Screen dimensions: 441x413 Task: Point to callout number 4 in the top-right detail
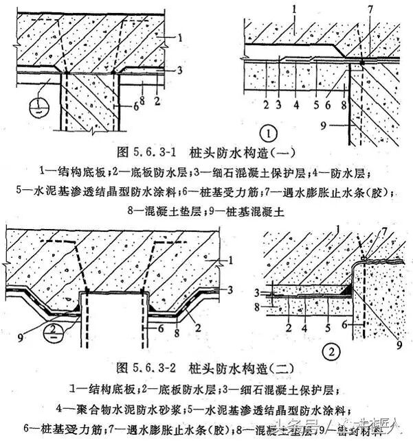pos(296,106)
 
